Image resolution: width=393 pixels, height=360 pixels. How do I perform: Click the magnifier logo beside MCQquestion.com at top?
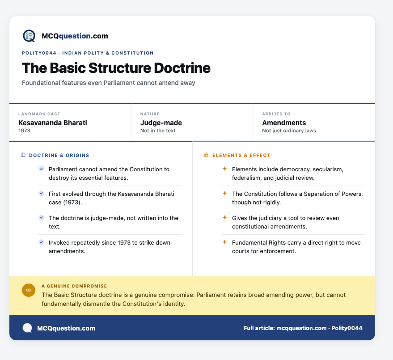[29, 36]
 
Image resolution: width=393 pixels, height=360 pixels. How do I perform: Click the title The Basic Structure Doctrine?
[116, 68]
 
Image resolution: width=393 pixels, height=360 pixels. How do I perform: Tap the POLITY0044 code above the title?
[39, 53]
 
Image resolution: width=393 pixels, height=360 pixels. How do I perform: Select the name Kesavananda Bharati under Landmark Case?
[53, 123]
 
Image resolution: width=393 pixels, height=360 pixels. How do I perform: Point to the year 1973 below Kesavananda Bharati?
[24, 131]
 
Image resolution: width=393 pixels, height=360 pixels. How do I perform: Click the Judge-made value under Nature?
[161, 123]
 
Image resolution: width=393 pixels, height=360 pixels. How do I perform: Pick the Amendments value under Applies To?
[284, 123]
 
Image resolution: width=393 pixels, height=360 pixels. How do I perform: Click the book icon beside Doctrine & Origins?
[23, 155]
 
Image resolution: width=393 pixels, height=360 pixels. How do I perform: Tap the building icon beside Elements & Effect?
[206, 155]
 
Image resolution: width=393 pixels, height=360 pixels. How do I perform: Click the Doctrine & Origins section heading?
[59, 155]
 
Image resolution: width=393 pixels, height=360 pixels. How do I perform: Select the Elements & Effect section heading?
[241, 155]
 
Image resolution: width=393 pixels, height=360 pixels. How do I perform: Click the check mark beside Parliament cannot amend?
[41, 169]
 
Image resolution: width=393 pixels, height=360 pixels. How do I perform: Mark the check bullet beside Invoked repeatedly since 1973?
[41, 242]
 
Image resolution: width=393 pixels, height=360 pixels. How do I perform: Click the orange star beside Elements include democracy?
[224, 169]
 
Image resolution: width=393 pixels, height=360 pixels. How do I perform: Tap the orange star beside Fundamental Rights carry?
[224, 242]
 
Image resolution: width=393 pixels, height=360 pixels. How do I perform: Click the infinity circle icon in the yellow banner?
[29, 290]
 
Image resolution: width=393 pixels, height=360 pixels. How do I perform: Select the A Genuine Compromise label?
[74, 286]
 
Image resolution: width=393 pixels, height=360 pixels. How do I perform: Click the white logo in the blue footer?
[27, 328]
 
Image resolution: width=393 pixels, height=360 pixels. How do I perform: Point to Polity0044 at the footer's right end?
[347, 328]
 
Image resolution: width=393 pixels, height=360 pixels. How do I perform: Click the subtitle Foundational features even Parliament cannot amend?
[108, 83]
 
